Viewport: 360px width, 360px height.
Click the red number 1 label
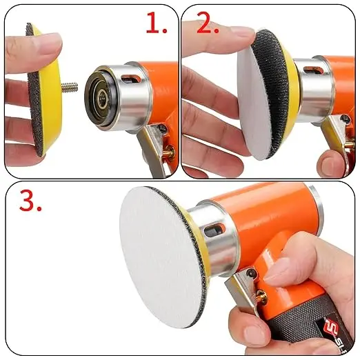click(x=157, y=23)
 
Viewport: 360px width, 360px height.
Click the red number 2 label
click(x=208, y=23)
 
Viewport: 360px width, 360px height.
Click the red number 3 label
click(x=30, y=201)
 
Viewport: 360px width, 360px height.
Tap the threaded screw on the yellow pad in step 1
click(x=70, y=87)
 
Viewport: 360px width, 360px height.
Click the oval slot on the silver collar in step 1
click(x=130, y=79)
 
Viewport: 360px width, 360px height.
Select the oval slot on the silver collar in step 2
click(x=312, y=70)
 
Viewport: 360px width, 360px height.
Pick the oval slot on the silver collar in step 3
click(x=214, y=230)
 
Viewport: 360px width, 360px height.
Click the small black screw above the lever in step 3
click(x=251, y=273)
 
